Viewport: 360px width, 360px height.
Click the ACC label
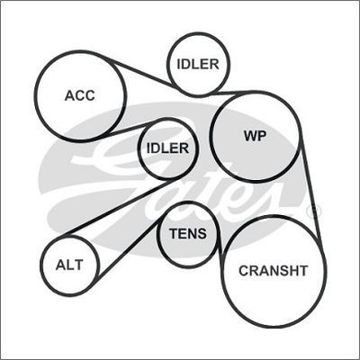[80, 95]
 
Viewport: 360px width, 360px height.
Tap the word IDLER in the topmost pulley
[198, 64]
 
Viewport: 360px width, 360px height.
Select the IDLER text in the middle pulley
[167, 148]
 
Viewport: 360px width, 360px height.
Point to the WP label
[255, 136]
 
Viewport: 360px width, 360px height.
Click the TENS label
[188, 233]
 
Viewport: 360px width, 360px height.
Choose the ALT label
[69, 265]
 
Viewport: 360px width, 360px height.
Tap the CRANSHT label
[274, 271]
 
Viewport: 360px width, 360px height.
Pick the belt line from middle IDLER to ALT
[120, 207]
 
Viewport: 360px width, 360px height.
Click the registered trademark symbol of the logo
[315, 210]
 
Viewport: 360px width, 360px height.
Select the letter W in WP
[250, 136]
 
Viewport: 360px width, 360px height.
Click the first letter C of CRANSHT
[244, 271]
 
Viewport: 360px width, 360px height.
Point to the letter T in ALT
[78, 265]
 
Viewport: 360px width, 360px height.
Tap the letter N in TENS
[192, 233]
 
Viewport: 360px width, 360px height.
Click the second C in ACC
[89, 95]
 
